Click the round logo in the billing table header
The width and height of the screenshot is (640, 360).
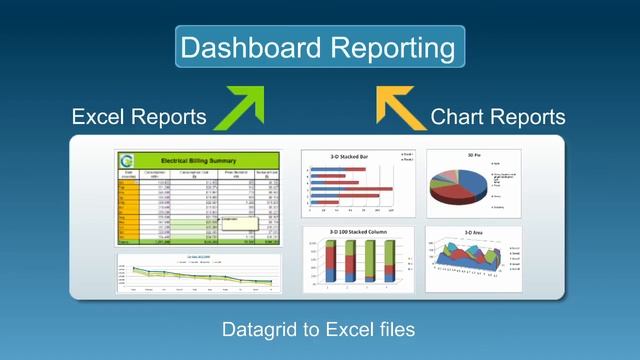pos(126,160)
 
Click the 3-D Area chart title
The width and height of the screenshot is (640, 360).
pos(474,232)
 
